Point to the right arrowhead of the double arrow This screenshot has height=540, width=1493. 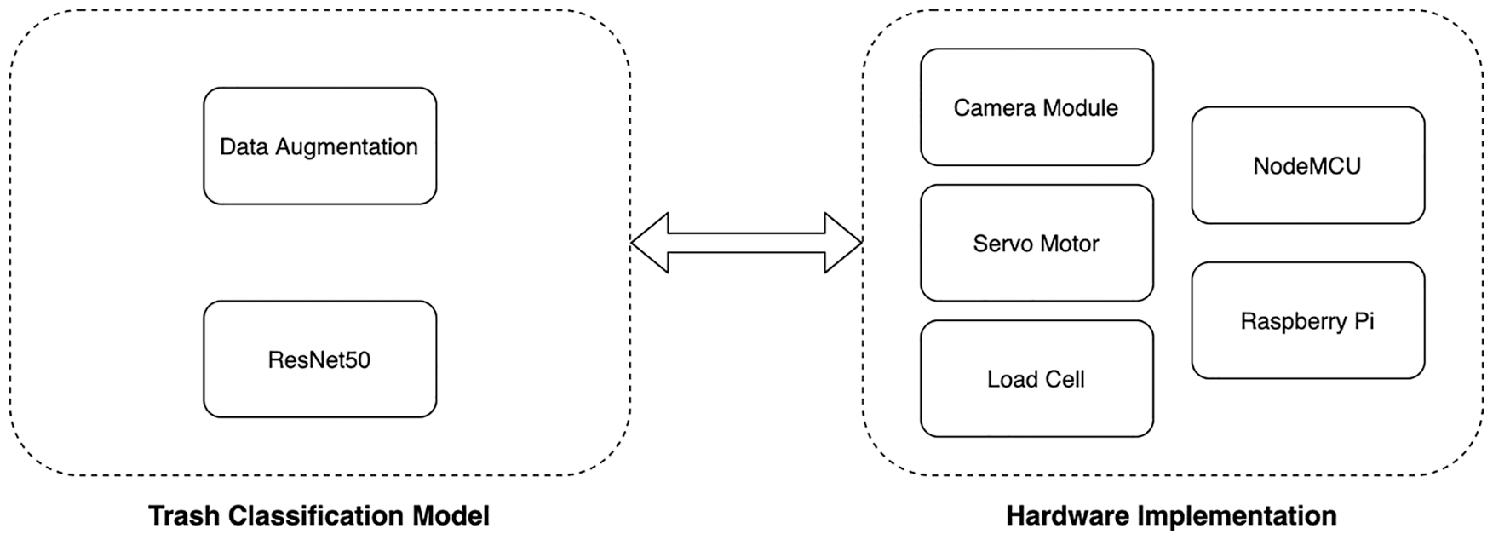845,243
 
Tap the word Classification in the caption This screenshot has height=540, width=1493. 311,515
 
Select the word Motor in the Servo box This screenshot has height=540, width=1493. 1069,244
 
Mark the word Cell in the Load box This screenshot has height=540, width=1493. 1065,379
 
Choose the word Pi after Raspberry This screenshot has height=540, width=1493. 1364,321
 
